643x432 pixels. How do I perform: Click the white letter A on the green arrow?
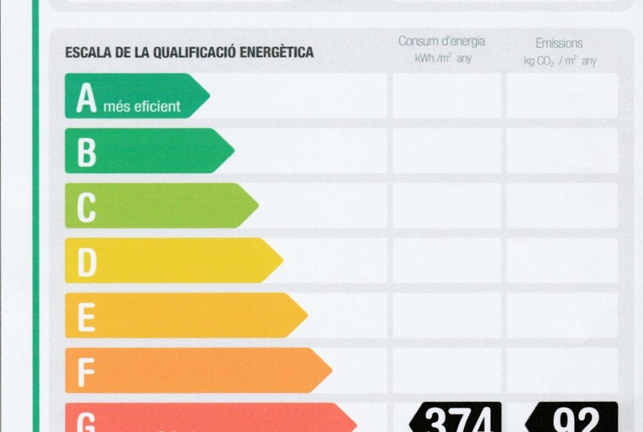point(86,99)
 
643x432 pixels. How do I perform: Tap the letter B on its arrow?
point(86,152)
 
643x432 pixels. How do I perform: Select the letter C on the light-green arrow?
point(86,207)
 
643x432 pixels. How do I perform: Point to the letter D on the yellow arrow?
point(87,263)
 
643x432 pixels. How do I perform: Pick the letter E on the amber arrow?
point(86,317)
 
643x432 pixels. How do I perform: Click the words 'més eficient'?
point(142,106)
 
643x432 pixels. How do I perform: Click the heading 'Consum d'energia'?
point(441,41)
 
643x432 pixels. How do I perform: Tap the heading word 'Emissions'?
point(559,43)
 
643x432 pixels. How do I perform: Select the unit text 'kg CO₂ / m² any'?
point(559,61)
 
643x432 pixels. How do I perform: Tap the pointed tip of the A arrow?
point(208,96)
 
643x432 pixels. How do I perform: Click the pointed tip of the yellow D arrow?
point(282,260)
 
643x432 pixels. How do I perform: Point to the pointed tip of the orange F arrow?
point(331,370)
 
